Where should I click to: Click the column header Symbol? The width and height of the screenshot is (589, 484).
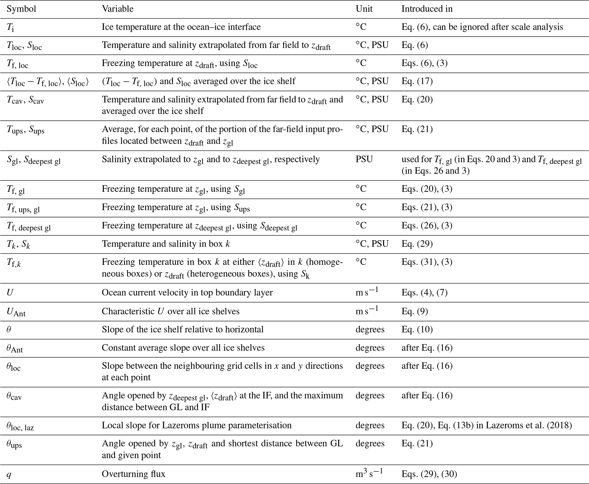(x=21, y=9)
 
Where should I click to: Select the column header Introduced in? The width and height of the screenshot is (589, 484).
(x=427, y=9)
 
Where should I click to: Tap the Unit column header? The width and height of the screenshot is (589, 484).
(x=364, y=9)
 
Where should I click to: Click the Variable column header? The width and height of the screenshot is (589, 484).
(x=118, y=9)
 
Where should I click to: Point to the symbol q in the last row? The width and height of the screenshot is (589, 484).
(x=9, y=474)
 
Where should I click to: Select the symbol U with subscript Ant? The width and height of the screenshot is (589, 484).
(x=16, y=312)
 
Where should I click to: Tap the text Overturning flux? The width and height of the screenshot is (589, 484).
(x=133, y=474)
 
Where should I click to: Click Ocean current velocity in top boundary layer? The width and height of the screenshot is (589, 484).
(x=187, y=292)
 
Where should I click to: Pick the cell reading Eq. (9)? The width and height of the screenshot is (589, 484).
(x=415, y=311)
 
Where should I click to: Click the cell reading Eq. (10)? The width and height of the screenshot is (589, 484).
(x=417, y=329)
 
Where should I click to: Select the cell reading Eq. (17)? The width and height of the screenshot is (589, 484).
(x=417, y=81)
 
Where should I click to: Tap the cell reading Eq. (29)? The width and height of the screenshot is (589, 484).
(x=417, y=244)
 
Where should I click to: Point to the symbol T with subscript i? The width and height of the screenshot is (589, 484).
(x=10, y=27)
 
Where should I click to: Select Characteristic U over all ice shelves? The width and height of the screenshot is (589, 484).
(x=170, y=311)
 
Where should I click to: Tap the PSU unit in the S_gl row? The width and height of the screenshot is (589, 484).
(x=364, y=159)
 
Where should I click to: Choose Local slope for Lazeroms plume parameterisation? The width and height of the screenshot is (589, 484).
(x=197, y=425)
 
